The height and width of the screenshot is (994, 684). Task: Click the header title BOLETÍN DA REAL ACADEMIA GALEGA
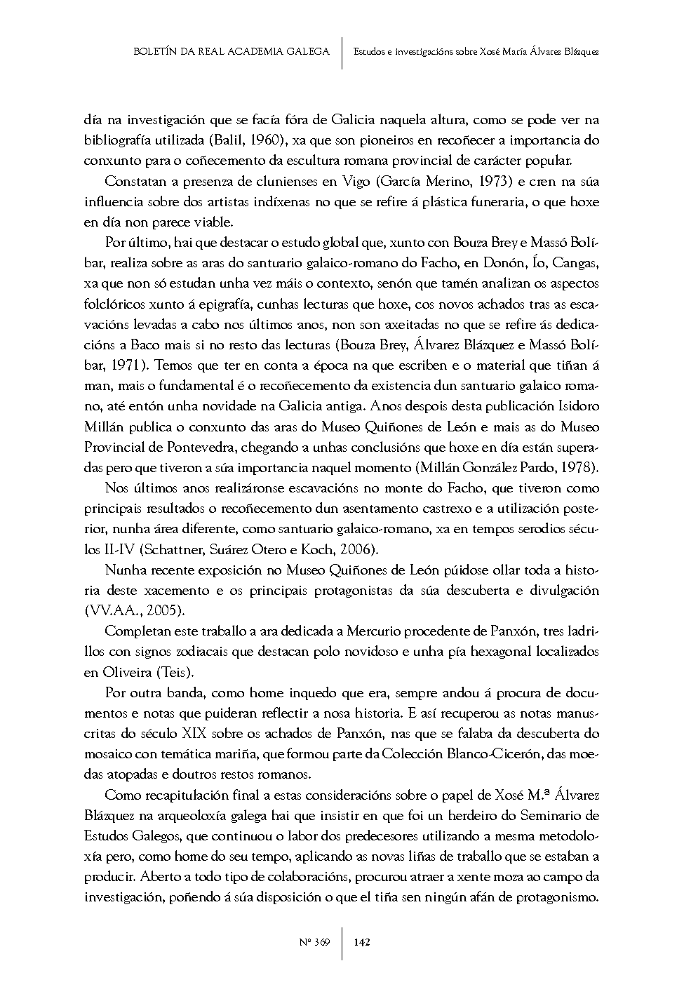(x=232, y=51)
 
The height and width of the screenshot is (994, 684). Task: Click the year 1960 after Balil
(x=264, y=140)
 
